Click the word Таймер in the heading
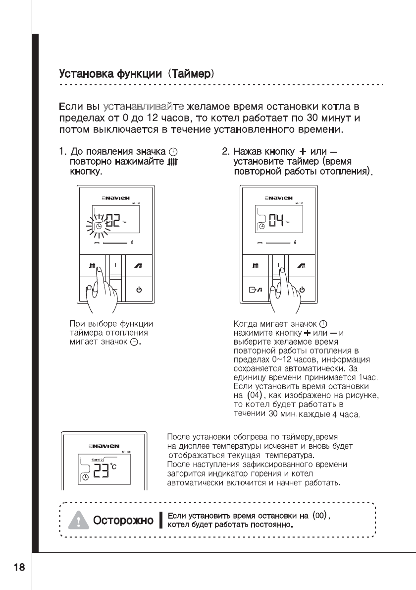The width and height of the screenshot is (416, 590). (x=191, y=75)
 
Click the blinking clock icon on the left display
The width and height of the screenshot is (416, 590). (x=99, y=227)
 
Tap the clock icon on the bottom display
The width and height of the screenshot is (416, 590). (x=85, y=477)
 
